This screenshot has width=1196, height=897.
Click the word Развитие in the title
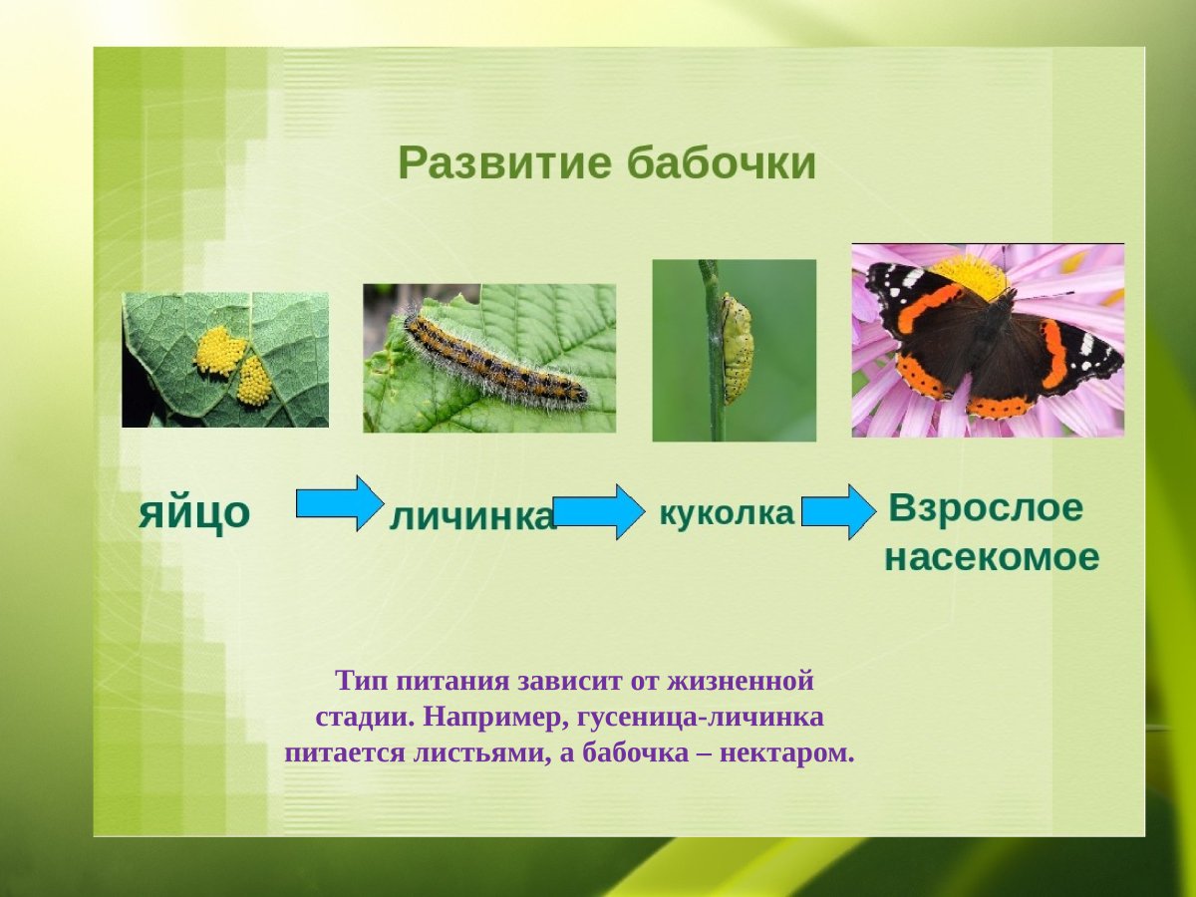(504, 163)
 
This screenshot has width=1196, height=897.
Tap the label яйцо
(193, 512)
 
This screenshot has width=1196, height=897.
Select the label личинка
(470, 516)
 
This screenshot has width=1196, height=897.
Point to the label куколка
(727, 513)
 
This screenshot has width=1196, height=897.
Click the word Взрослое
(985, 507)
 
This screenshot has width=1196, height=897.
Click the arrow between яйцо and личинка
(339, 504)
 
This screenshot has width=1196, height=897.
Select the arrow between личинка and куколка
(599, 512)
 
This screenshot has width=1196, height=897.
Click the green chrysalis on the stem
(737, 348)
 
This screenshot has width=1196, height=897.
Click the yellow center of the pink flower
(971, 273)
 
